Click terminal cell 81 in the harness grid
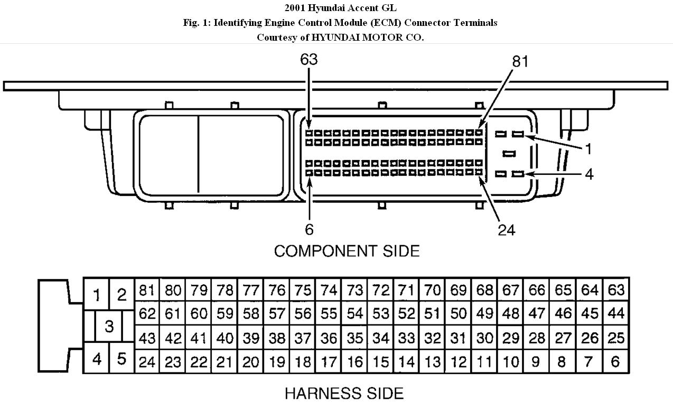click(x=147, y=290)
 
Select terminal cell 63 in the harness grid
click(x=616, y=290)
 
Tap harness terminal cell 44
click(x=616, y=314)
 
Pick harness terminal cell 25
click(x=616, y=338)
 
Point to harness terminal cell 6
click(x=616, y=361)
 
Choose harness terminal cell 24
click(x=147, y=361)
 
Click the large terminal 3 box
click(x=109, y=326)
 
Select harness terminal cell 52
click(x=407, y=314)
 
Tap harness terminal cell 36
click(x=329, y=338)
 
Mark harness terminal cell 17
click(x=329, y=361)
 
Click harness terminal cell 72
click(x=381, y=290)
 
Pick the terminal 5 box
click(x=122, y=360)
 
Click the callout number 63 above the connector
click(x=309, y=60)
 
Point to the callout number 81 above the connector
click(x=520, y=62)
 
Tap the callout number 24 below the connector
click(x=507, y=230)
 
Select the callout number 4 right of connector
click(x=588, y=174)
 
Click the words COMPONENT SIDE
click(x=347, y=251)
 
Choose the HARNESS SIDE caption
click(x=344, y=393)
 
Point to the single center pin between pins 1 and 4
click(x=509, y=154)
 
